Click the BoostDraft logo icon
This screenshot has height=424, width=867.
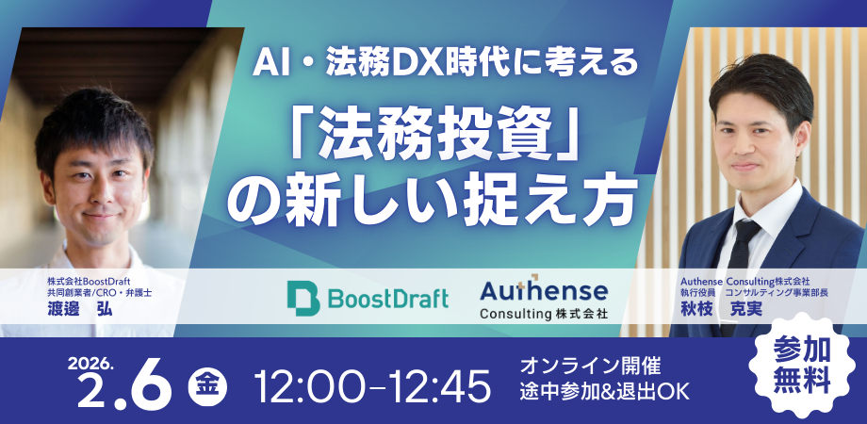(x=304, y=297)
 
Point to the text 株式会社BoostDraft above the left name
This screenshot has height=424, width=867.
(x=90, y=280)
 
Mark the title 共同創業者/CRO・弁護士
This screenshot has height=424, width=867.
(x=100, y=294)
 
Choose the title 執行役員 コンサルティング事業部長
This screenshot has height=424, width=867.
(x=744, y=294)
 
